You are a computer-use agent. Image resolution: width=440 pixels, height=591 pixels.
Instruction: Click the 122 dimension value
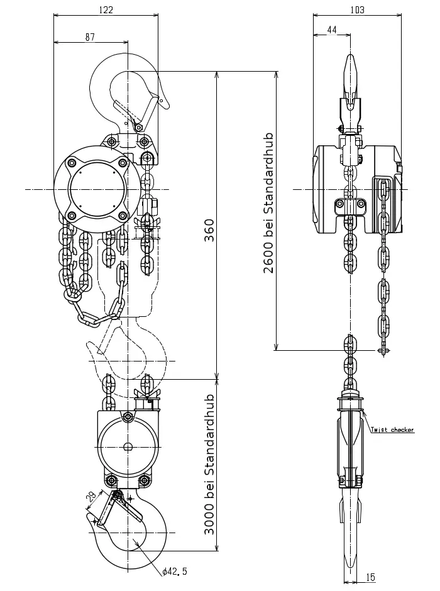point(106,9)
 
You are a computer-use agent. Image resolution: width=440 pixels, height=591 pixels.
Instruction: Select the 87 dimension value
point(90,37)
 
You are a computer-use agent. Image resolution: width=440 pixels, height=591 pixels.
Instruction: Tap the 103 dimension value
point(357,9)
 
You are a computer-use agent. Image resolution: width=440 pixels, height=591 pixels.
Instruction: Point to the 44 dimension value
point(332,30)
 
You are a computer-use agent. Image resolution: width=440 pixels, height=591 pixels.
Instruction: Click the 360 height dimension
point(209,230)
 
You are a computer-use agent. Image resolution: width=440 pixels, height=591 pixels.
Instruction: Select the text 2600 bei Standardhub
point(268,203)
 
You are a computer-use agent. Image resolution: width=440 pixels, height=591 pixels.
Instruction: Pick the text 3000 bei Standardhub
point(209,465)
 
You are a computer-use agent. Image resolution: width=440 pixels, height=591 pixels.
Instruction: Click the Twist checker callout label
point(392,429)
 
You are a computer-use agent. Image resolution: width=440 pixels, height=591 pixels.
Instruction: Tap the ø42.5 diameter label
point(174,572)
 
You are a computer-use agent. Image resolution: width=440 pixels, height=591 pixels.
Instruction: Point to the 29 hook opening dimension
point(91,497)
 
